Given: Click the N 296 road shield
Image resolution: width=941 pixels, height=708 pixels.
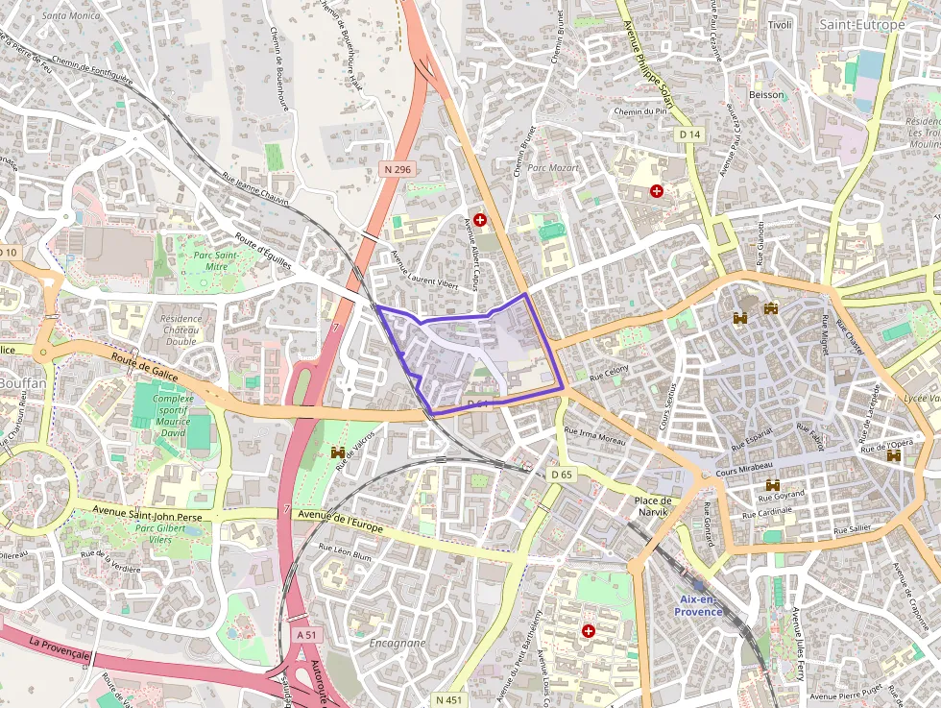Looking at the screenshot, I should coord(397,169).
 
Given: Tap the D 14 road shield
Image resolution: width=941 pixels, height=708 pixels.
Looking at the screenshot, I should coord(689,134).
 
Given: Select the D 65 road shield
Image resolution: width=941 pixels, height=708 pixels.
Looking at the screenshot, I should coord(562,475).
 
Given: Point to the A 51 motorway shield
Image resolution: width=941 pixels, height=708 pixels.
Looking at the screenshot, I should coord(306,635).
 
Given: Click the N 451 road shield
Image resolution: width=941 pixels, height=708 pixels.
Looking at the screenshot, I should coord(447,699).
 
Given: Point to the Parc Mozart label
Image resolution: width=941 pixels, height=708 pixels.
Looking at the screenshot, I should coord(552,167).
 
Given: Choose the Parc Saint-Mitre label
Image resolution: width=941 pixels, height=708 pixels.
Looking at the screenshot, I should coord(215,260).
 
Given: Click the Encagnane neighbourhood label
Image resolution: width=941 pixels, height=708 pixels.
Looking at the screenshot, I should coord(398,643).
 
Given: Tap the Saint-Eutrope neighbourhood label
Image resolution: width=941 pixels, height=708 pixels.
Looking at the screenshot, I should coord(861,24).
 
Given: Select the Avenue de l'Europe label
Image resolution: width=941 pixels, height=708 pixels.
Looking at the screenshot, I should coord(340,522).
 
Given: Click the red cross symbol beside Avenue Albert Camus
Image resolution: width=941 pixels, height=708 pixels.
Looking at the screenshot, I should coord(480,220).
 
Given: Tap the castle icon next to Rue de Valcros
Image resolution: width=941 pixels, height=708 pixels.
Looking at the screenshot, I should coord(338,452).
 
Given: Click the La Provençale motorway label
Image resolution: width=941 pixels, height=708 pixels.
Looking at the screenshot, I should coord(59,648).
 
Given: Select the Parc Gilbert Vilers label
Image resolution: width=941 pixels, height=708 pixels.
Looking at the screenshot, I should coord(158,534).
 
